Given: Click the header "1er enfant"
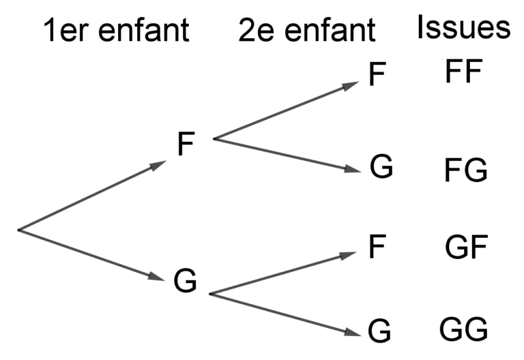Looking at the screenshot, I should [x=116, y=31].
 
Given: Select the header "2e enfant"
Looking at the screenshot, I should [x=306, y=31].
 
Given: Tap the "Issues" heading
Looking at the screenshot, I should [x=464, y=29].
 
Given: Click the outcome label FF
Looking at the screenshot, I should [x=463, y=72].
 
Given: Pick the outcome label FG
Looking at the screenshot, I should [x=465, y=171].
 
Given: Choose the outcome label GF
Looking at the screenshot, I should [x=465, y=248].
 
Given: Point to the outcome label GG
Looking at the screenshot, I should [x=464, y=330].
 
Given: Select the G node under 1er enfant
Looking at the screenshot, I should [x=185, y=280].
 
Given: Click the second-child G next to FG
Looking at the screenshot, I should [x=381, y=167].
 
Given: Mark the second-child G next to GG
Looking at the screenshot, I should [x=379, y=331].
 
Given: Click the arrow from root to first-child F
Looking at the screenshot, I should [x=92, y=196].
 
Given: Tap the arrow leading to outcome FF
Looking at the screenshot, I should [x=286, y=111].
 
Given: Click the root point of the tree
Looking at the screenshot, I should [x=19, y=230].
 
